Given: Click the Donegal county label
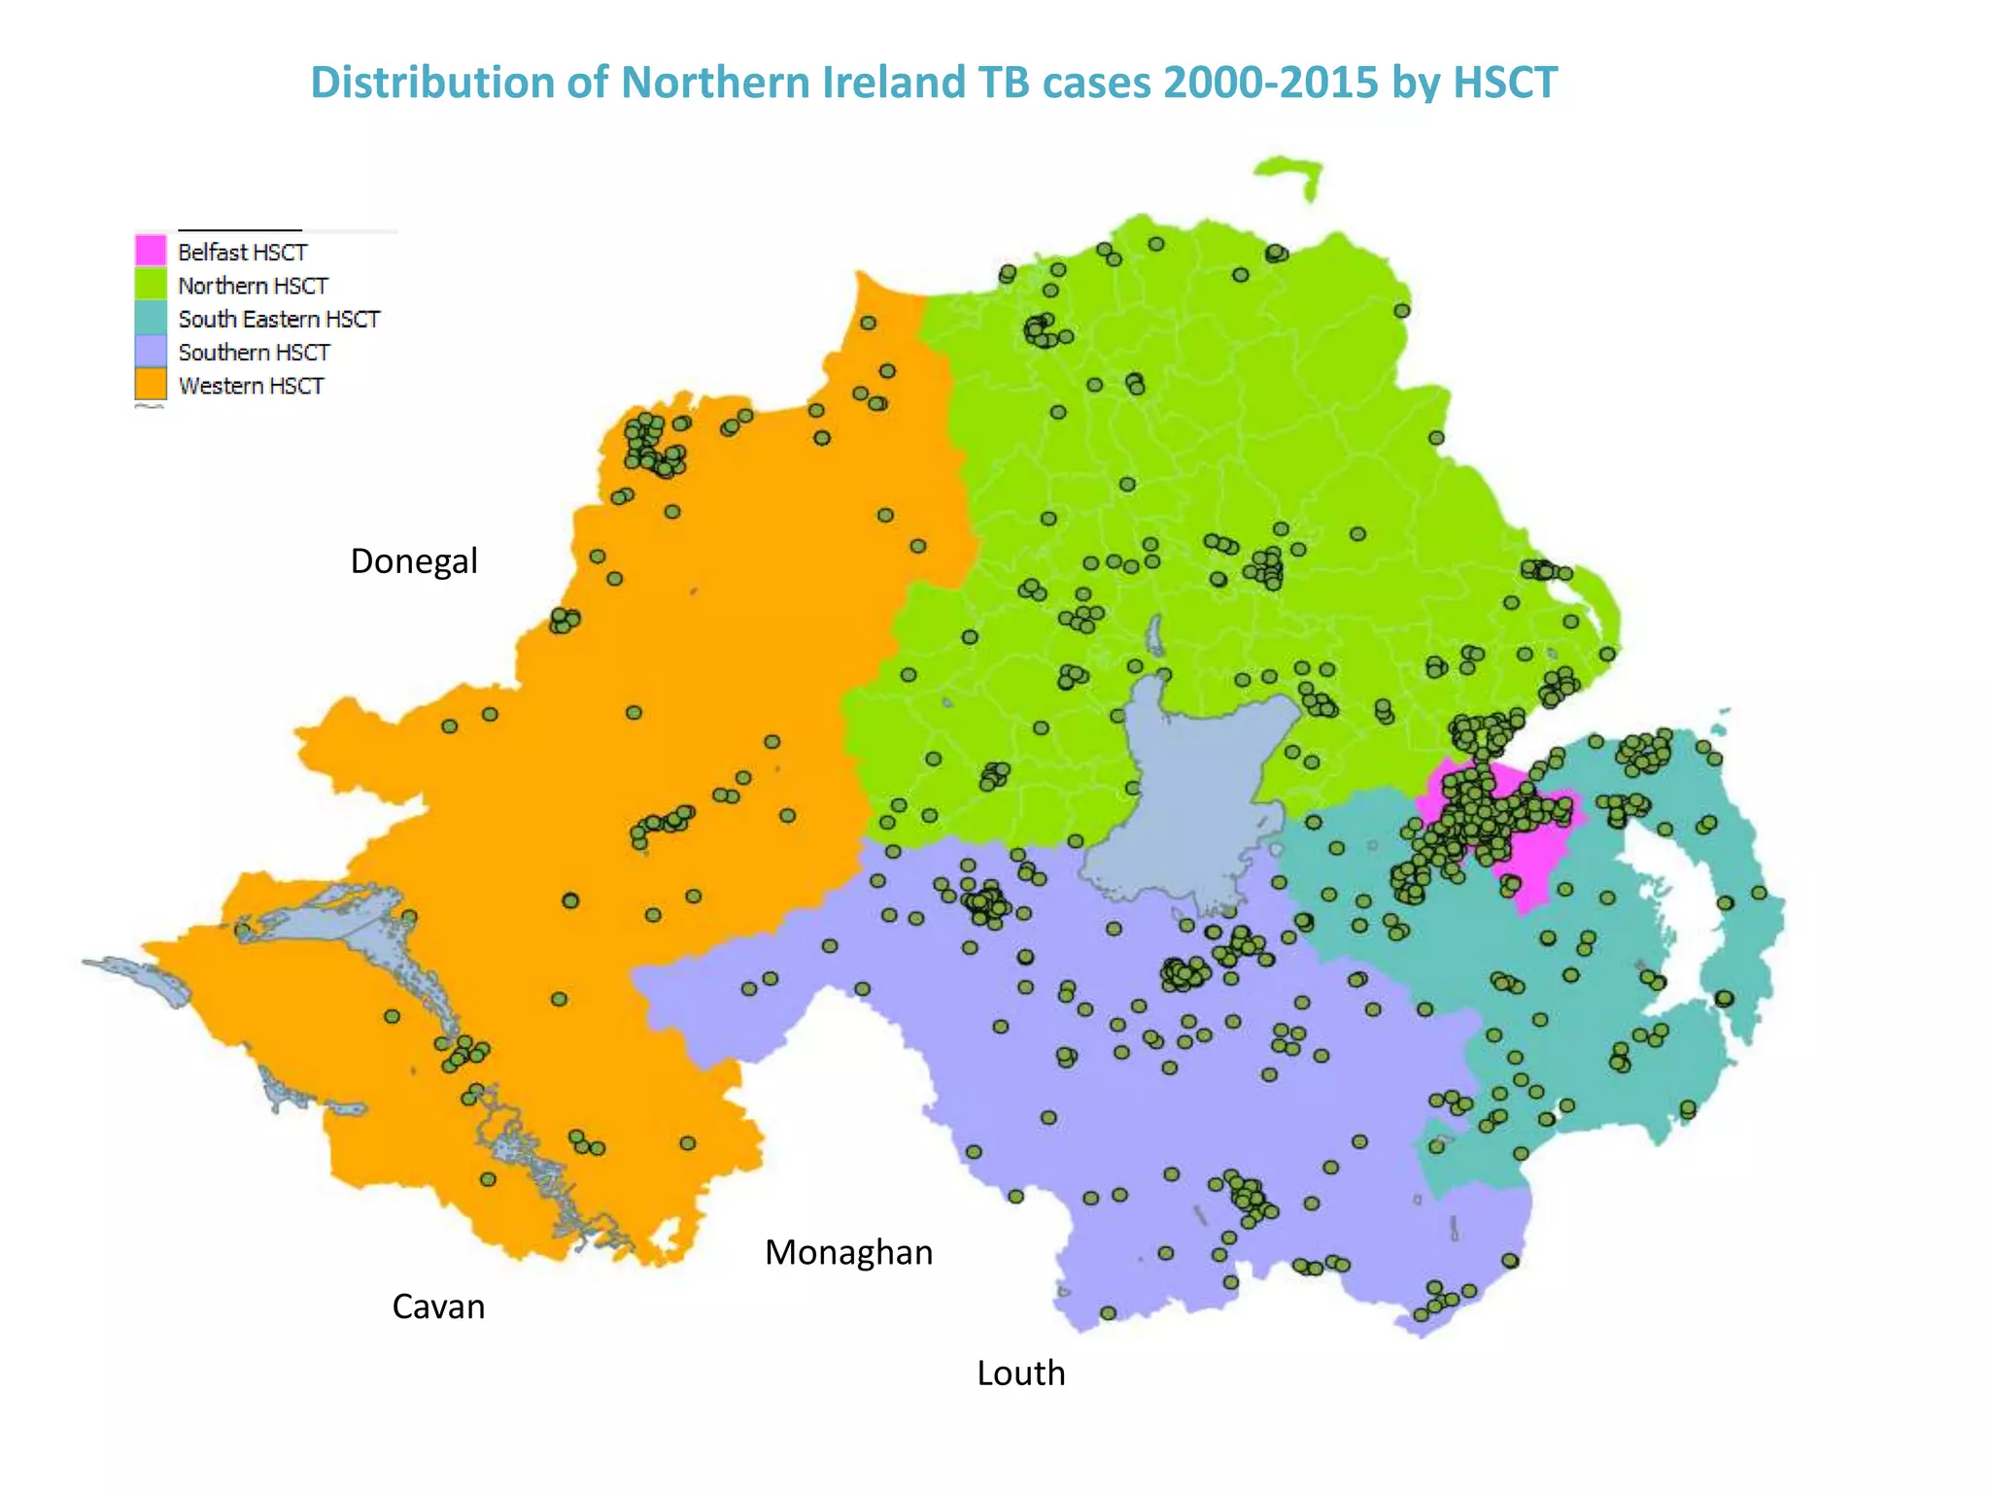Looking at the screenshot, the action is (414, 561).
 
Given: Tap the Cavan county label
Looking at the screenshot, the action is (438, 1306).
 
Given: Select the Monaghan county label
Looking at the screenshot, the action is (848, 1253).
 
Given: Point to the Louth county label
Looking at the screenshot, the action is (1020, 1373).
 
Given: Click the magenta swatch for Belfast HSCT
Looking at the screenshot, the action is (151, 251).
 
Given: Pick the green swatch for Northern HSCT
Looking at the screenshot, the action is (151, 285).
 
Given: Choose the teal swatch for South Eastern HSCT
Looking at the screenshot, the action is (151, 318).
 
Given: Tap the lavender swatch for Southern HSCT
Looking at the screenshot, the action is (151, 352).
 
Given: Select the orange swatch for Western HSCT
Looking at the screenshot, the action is (151, 385).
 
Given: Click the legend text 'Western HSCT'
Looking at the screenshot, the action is (251, 386).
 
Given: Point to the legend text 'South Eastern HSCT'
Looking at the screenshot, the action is (279, 319).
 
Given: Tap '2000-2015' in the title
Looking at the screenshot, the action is (1270, 83).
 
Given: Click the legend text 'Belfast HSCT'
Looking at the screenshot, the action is (242, 252).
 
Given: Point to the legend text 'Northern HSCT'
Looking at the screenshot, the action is (253, 286).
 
